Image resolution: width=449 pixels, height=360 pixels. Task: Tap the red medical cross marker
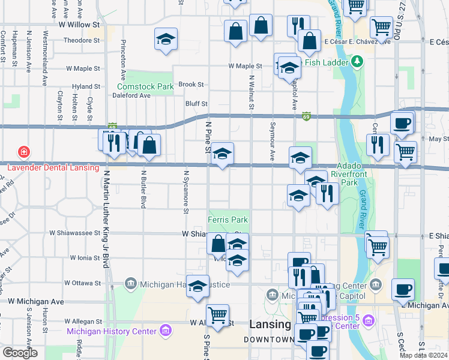(23, 152)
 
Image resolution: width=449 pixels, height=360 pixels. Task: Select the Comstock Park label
(145, 86)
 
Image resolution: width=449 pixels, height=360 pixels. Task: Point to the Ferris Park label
(228, 220)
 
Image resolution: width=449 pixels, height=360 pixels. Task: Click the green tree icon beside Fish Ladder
(357, 61)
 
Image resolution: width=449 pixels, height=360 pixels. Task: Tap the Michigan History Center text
(112, 331)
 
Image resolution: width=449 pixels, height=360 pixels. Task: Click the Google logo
(20, 353)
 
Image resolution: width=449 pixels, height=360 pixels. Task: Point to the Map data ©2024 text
(424, 355)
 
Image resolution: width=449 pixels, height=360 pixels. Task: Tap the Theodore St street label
(82, 41)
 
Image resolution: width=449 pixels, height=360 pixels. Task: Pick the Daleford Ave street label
(133, 95)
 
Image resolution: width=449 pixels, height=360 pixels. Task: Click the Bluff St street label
(196, 104)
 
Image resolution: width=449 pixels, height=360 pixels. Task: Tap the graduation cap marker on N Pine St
(222, 154)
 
